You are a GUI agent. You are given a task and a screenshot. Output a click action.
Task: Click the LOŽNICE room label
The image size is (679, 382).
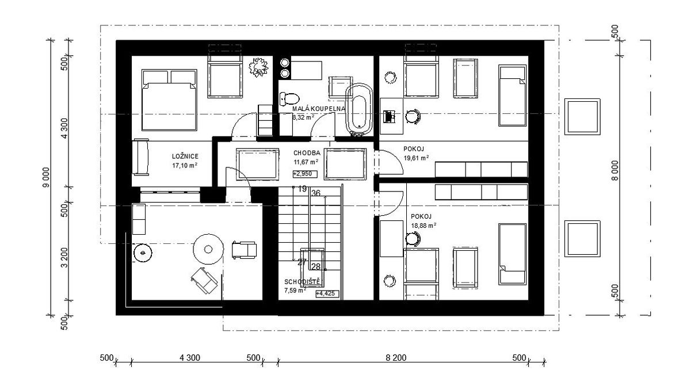click(185, 156)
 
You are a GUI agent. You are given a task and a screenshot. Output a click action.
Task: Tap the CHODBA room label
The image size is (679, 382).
click(307, 153)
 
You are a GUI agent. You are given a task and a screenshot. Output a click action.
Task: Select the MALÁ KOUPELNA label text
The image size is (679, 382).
click(319, 109)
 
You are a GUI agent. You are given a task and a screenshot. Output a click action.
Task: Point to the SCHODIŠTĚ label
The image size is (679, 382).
click(303, 282)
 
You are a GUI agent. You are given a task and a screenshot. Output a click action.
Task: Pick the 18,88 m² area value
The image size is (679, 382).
click(424, 225)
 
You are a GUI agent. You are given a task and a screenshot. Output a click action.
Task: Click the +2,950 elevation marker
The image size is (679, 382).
click(305, 174)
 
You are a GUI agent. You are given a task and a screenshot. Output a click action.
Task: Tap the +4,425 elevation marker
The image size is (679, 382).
click(327, 293)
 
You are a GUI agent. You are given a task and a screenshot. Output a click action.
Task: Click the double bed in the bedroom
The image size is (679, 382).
click(169, 100)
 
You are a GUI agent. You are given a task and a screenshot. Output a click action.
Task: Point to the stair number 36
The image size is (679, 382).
click(316, 193)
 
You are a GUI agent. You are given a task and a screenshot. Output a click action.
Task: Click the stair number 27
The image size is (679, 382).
click(302, 262)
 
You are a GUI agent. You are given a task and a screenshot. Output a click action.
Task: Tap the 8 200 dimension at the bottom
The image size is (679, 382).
click(396, 358)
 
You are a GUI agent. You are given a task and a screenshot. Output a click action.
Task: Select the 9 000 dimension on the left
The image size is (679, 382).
click(46, 178)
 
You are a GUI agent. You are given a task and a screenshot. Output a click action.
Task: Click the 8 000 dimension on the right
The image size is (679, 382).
click(615, 171)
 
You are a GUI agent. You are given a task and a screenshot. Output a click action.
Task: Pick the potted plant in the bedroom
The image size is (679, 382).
click(258, 67)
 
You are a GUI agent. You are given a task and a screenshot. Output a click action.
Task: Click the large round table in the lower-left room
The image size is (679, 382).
click(208, 250)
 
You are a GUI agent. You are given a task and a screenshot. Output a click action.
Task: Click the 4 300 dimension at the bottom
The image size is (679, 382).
click(190, 358)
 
